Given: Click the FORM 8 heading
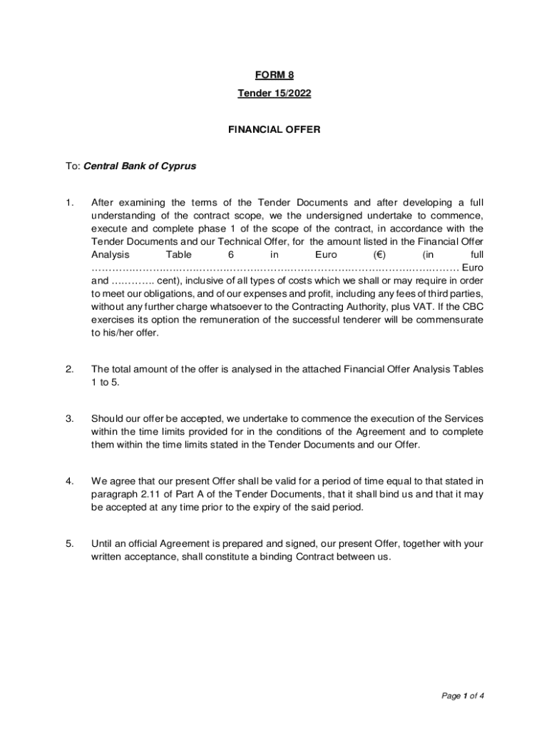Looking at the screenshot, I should pos(274,75).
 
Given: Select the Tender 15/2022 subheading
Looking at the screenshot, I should pos(274,94).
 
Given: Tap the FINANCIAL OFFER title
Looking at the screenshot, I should pos(274,130).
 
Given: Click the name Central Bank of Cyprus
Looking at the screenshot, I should pos(140,166).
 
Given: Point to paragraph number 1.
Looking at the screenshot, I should pos(69,203).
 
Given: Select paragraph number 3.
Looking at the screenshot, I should pos(69,418).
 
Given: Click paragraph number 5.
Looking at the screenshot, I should pos(69,544).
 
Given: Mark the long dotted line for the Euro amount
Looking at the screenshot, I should pos(274,268).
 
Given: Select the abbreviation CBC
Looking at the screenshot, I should pos(471,307).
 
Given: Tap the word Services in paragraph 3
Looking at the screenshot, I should pos(464,418).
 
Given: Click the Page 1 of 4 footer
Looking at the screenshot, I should pos(463,696).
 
